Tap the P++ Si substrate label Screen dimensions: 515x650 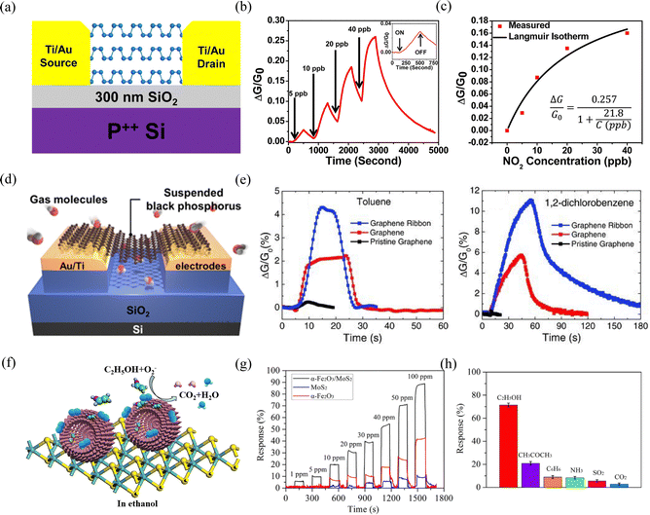tap(105, 132)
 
